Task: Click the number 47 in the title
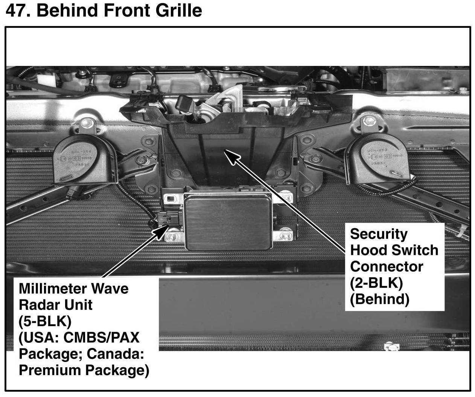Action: point(18,11)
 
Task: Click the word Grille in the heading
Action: point(179,11)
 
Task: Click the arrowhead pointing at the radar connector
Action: point(161,232)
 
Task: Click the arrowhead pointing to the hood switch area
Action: point(231,157)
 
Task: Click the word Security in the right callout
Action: point(379,234)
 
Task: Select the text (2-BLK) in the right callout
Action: point(376,283)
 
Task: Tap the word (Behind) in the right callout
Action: point(380,299)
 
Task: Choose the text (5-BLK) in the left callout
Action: point(45,321)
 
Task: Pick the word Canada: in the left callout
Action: point(115,354)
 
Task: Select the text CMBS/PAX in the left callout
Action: point(102,337)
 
